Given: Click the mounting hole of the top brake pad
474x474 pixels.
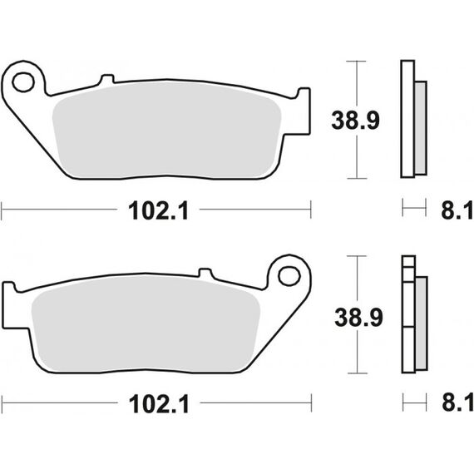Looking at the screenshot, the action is coord(23,82).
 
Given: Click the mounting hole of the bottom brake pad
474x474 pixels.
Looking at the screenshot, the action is coord(289,276).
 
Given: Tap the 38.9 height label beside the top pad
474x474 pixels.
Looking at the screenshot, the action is coord(355,121).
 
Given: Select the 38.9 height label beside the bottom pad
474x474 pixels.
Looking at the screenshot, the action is coord(358,318).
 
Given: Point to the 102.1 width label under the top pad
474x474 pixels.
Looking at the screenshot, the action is coord(158,210).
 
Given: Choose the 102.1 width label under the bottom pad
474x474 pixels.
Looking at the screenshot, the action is coord(159,404).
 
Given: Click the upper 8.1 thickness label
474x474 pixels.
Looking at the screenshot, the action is coord(457,210).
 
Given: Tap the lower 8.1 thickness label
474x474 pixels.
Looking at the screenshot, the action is coord(457,402).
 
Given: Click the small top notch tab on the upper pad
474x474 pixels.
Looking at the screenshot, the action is coord(107,79).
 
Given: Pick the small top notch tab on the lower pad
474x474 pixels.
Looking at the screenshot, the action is coord(205,273).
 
